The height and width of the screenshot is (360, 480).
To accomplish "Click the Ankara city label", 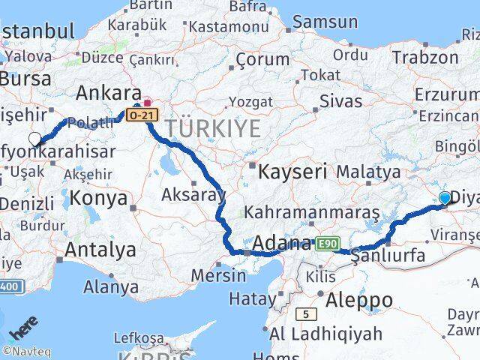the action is (x=109, y=92).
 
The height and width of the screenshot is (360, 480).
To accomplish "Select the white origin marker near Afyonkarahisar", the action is (x=34, y=138).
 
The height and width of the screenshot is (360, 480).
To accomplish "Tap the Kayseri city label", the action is (x=292, y=172).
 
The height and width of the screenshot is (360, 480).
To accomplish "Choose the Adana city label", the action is (x=283, y=243).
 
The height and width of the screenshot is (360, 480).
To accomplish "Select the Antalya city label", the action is (x=100, y=249).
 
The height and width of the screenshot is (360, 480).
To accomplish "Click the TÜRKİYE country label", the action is (x=214, y=128).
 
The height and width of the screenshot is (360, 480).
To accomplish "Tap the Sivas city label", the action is (x=340, y=101).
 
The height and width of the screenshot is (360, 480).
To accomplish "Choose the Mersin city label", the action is (x=218, y=274).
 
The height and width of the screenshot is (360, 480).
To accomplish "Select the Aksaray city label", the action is (x=193, y=195).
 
